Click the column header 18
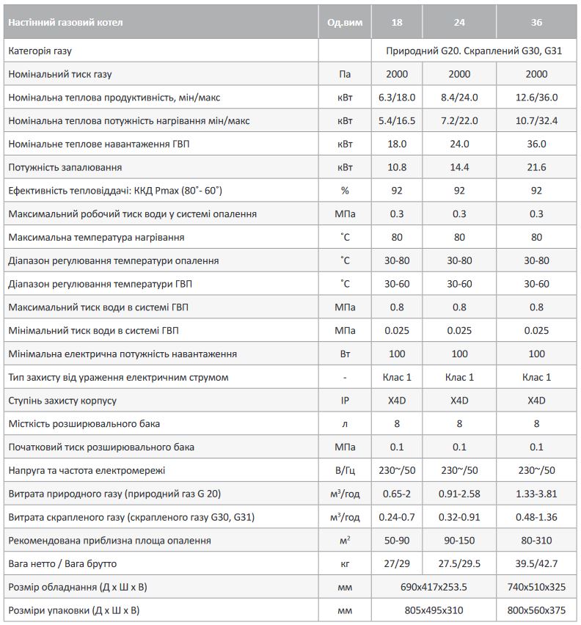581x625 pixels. [x=397, y=23]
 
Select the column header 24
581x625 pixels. [x=459, y=23]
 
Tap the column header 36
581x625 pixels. [x=537, y=23]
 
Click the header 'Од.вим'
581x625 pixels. [x=345, y=23]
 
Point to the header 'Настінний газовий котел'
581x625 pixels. [x=66, y=23]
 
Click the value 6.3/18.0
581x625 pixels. [x=397, y=98]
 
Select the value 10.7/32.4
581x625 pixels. [x=537, y=121]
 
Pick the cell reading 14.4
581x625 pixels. [x=459, y=167]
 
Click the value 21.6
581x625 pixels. [x=537, y=167]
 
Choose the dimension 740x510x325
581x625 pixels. [x=537, y=587]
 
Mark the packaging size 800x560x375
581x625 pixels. [x=537, y=610]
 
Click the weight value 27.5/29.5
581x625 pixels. [x=459, y=563]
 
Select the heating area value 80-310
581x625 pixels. [x=537, y=541]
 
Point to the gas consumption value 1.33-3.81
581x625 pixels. [x=537, y=494]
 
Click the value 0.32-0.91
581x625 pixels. [x=459, y=517]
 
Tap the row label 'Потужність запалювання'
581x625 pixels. [x=65, y=167]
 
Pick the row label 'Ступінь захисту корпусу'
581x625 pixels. [x=62, y=401]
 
